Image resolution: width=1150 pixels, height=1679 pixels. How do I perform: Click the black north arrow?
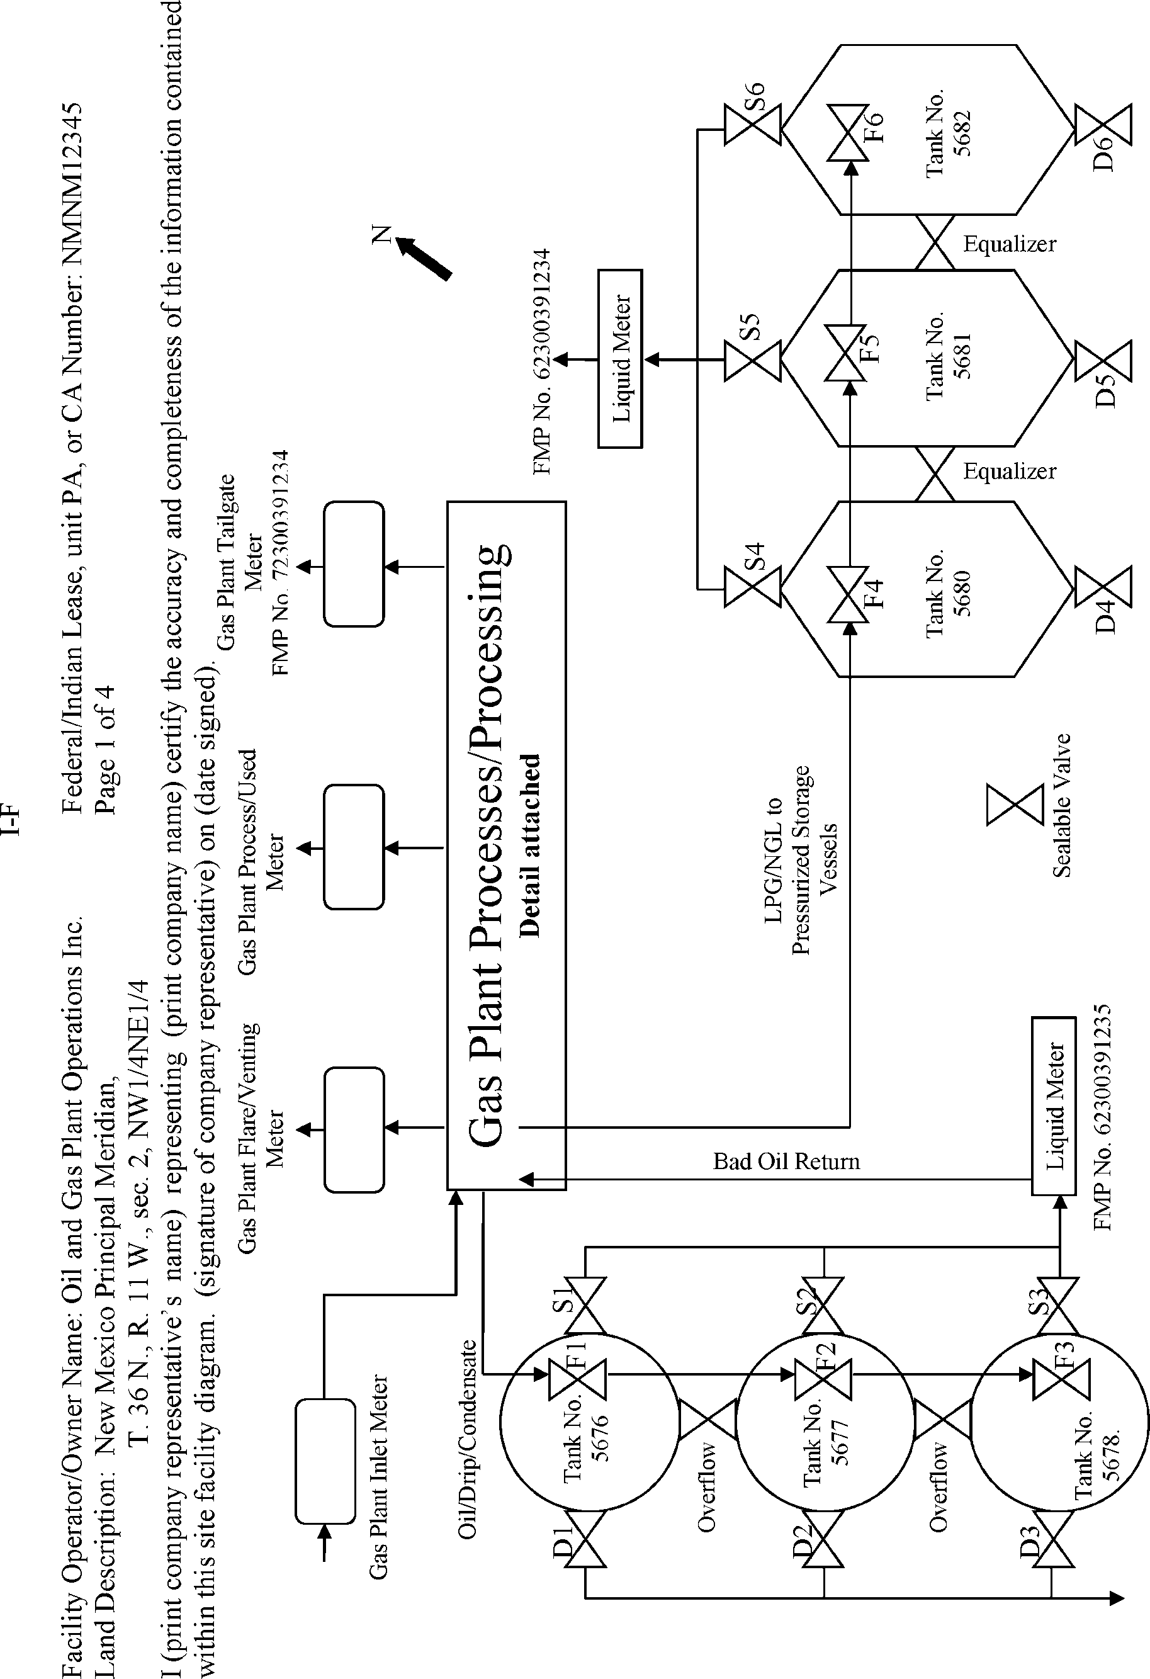pyautogui.click(x=424, y=259)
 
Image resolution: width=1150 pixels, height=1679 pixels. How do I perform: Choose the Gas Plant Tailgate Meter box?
pyautogui.click(x=353, y=564)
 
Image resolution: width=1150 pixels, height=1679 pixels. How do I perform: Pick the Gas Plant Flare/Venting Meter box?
pyautogui.click(x=353, y=1129)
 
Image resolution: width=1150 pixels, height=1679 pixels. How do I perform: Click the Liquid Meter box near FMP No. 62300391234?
pyautogui.click(x=621, y=359)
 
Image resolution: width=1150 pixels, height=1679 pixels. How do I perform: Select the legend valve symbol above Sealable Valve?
pyautogui.click(x=1015, y=803)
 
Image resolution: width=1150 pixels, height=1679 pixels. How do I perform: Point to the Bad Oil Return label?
pyautogui.click(x=786, y=1161)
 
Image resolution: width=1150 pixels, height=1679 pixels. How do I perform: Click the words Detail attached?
pyautogui.click(x=529, y=845)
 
